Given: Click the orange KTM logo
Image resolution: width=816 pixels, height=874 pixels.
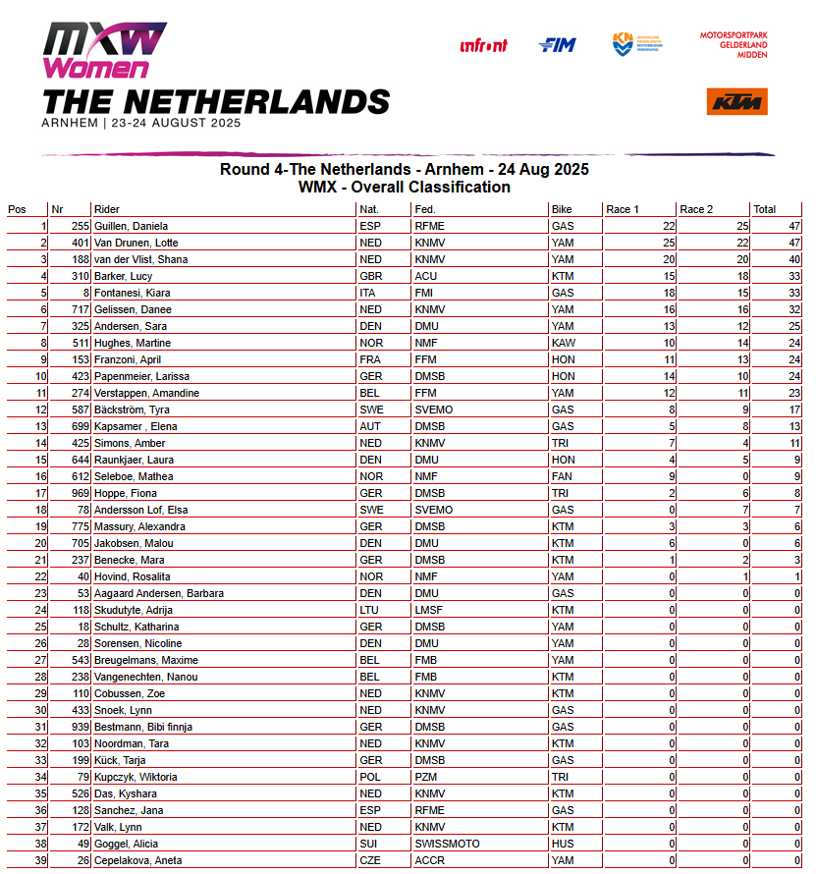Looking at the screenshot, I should [736, 101].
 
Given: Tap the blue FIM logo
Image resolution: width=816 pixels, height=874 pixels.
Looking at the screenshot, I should [557, 45].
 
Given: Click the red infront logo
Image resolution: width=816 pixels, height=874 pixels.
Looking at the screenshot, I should [483, 45].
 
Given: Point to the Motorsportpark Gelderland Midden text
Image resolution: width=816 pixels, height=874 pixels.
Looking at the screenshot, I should [734, 44].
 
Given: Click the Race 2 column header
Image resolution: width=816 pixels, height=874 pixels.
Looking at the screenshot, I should [697, 209].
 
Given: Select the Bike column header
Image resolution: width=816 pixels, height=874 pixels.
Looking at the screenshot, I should [562, 209].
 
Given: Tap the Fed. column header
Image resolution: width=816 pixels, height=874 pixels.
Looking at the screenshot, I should [425, 209].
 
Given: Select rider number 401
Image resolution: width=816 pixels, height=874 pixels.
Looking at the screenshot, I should [69, 243].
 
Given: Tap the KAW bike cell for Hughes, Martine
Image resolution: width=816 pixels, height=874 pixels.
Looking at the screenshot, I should [563, 343].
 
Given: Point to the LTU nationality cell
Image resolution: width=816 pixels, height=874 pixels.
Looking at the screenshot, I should [370, 610].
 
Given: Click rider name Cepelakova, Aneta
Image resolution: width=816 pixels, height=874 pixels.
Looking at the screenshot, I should [137, 860].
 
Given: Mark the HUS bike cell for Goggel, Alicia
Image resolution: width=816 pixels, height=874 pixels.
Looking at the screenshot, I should [562, 844].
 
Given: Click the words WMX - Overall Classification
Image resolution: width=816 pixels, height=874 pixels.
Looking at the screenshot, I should [404, 187].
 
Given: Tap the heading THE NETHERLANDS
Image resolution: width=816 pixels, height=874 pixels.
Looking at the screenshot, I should [215, 101].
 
